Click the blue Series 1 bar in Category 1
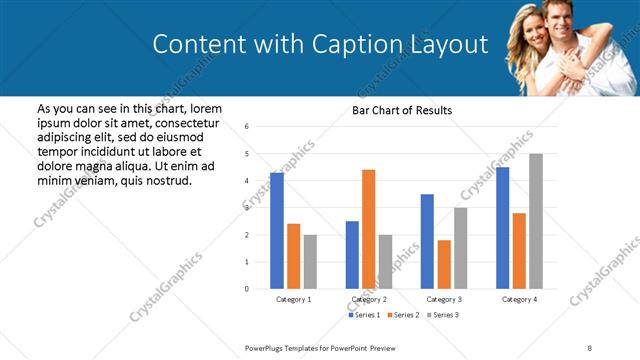coord(277,230)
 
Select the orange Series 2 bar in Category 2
coord(368,229)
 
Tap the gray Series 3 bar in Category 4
coord(536,221)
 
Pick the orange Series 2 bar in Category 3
coord(444,264)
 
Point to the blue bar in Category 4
coord(502,227)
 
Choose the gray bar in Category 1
coord(310,261)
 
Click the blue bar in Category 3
coord(427,241)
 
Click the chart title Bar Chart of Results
coord(402,110)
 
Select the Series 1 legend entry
coord(363,315)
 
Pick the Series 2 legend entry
coord(402,315)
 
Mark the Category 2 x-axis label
coord(369,299)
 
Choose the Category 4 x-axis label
coord(519,299)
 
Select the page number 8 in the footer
coord(590,347)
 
